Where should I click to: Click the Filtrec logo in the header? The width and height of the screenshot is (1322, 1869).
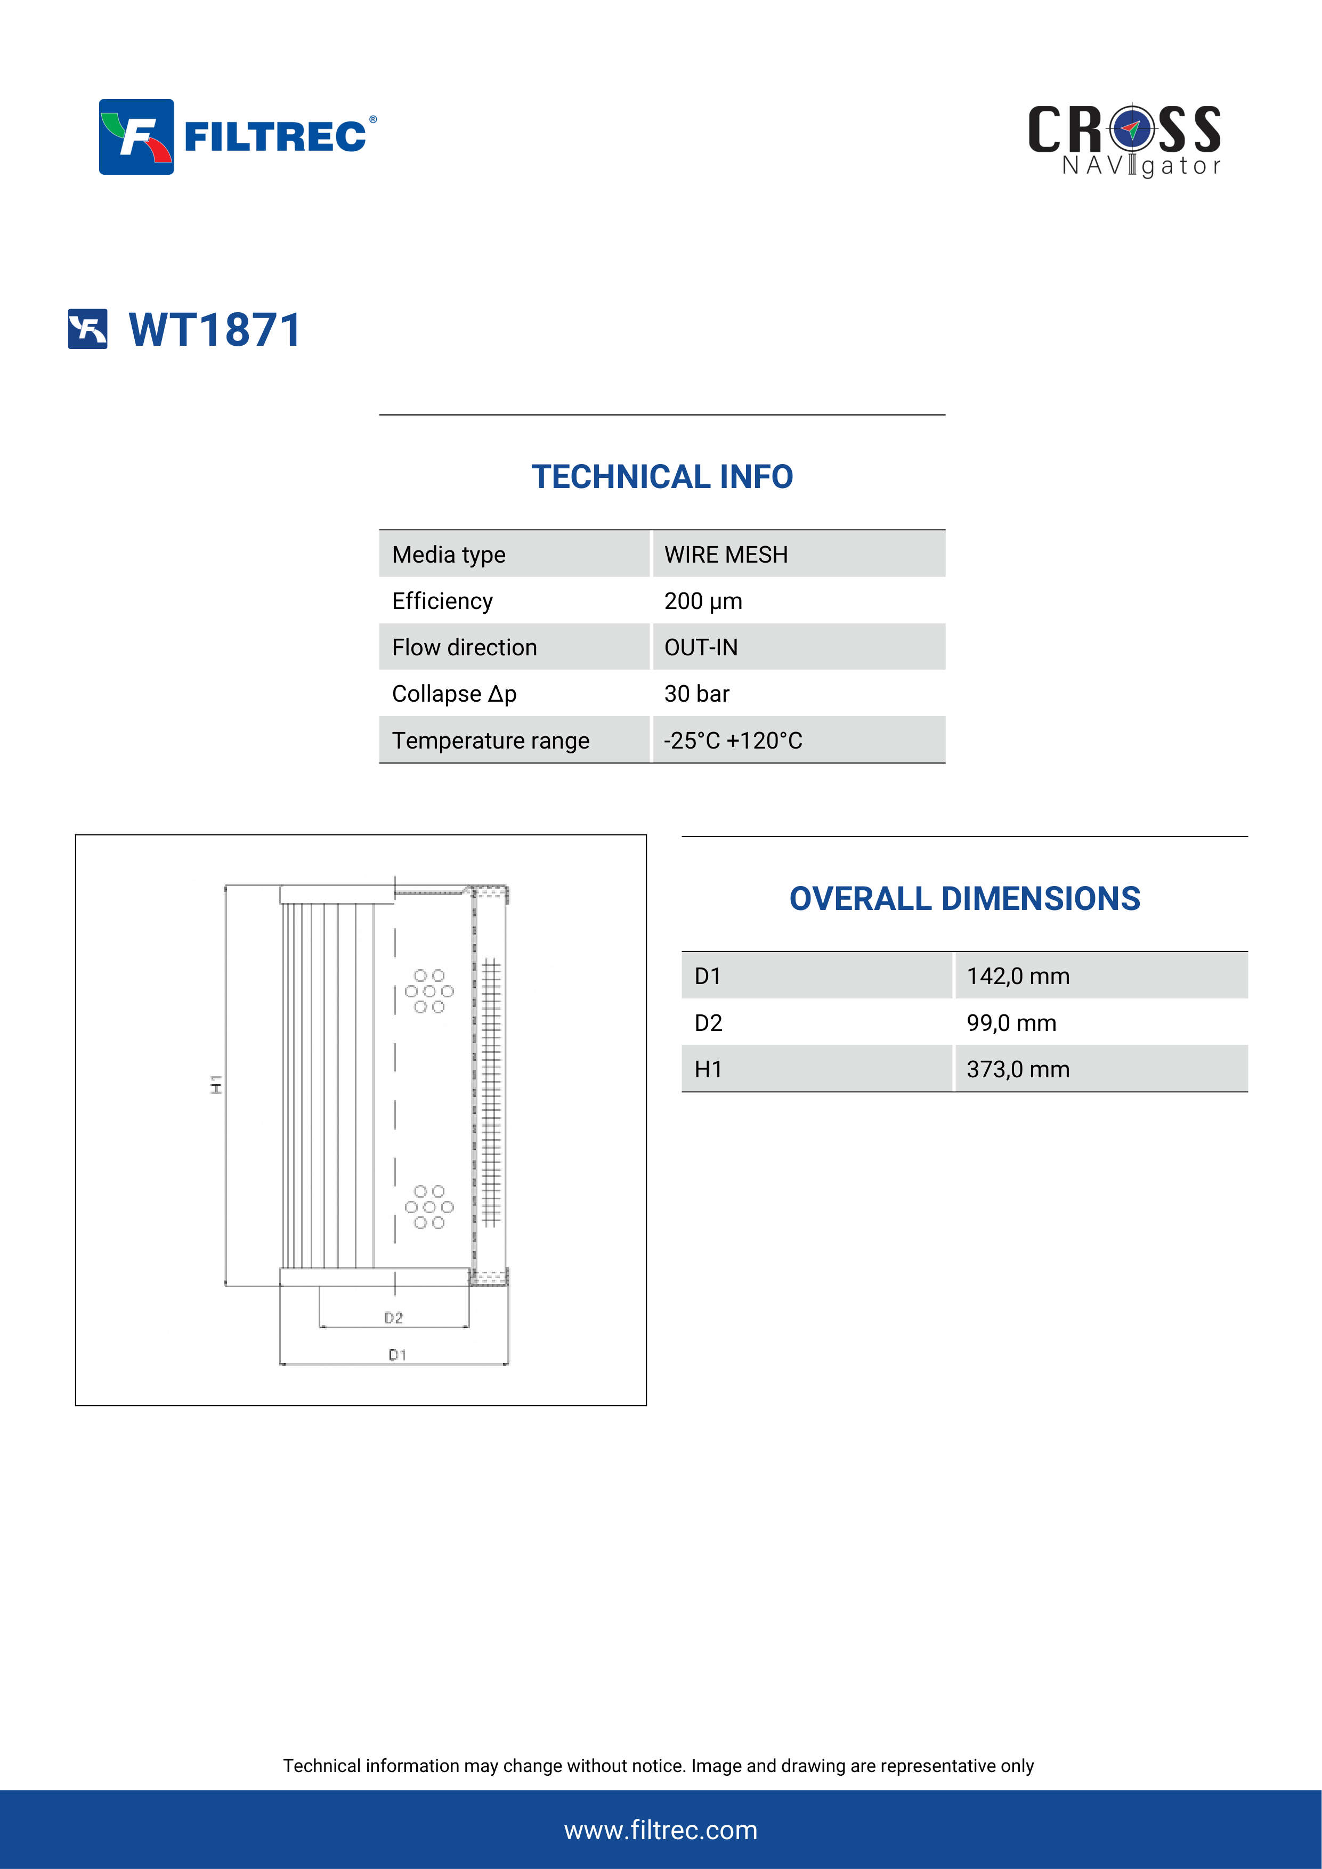tap(238, 137)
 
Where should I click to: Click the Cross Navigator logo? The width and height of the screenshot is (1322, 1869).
tap(1124, 140)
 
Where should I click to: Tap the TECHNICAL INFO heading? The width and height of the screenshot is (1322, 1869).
tap(662, 477)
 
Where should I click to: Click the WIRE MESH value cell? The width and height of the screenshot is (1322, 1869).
tap(726, 554)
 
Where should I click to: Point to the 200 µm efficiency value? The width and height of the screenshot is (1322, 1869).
tap(703, 601)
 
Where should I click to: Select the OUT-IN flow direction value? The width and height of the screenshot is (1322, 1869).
tap(701, 647)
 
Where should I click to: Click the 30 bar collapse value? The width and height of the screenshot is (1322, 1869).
tap(697, 694)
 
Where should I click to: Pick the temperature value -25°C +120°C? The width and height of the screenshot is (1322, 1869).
tap(733, 740)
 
